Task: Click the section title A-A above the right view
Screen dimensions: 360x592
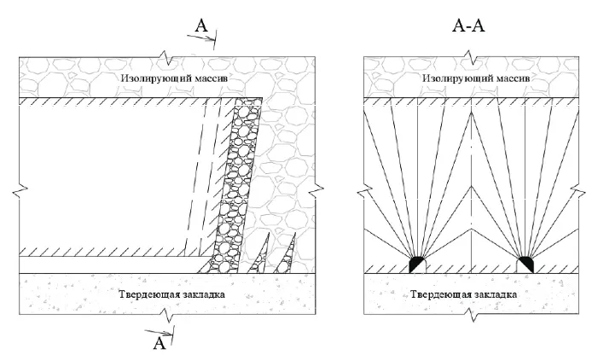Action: point(467,26)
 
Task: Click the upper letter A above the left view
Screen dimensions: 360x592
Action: point(201,27)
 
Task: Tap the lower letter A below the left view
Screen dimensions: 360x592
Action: point(158,343)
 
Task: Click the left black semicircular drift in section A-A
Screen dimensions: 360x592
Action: point(417,264)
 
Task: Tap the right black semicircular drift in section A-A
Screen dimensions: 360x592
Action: point(525,264)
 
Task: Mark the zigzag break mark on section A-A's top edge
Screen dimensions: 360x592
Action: point(471,59)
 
